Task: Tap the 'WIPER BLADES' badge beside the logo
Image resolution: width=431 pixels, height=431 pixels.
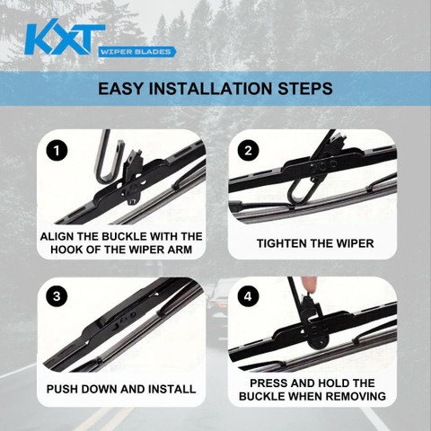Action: pyautogui.click(x=136, y=52)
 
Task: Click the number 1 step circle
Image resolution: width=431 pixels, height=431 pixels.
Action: pyautogui.click(x=57, y=151)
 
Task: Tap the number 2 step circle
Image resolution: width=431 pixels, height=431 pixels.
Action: pyautogui.click(x=248, y=151)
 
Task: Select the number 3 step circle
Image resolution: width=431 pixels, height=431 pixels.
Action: pyautogui.click(x=57, y=296)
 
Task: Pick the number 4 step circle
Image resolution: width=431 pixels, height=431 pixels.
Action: pyautogui.click(x=248, y=296)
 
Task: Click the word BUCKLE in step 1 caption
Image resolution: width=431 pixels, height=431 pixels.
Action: pyautogui.click(x=124, y=236)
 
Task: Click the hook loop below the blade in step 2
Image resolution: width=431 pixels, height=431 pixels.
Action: pyautogui.click(x=301, y=192)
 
